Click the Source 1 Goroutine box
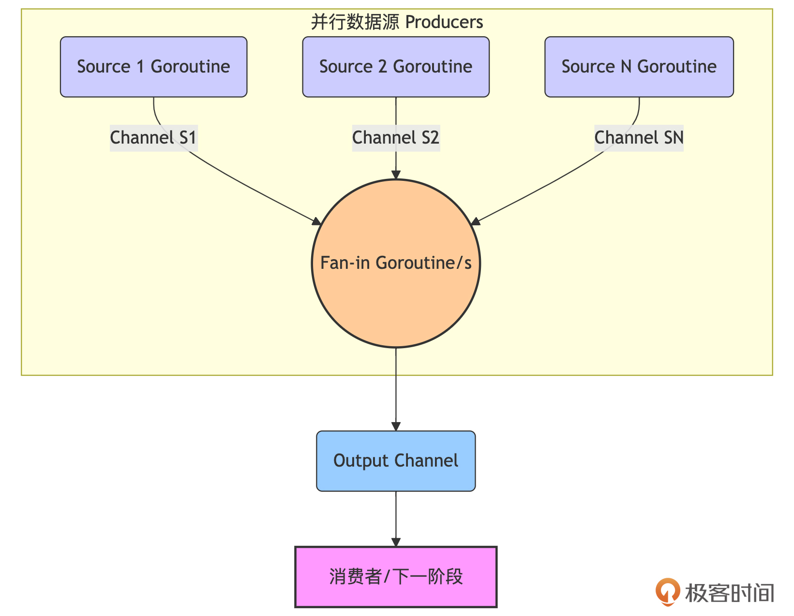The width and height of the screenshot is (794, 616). [153, 67]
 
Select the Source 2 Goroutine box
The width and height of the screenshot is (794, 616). [396, 67]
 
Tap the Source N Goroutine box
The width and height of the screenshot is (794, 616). [639, 67]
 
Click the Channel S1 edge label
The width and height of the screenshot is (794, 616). [153, 138]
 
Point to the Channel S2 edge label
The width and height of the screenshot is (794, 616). [396, 138]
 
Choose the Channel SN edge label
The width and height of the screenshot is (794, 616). [639, 138]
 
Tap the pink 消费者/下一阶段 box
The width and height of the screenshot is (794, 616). [396, 577]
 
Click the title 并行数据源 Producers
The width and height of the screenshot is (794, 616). [397, 22]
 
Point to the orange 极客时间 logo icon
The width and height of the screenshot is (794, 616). [668, 591]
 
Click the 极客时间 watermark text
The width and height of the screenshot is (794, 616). [730, 593]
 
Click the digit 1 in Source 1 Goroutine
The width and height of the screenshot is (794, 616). [140, 67]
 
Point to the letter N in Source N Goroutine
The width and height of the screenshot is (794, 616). [627, 67]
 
